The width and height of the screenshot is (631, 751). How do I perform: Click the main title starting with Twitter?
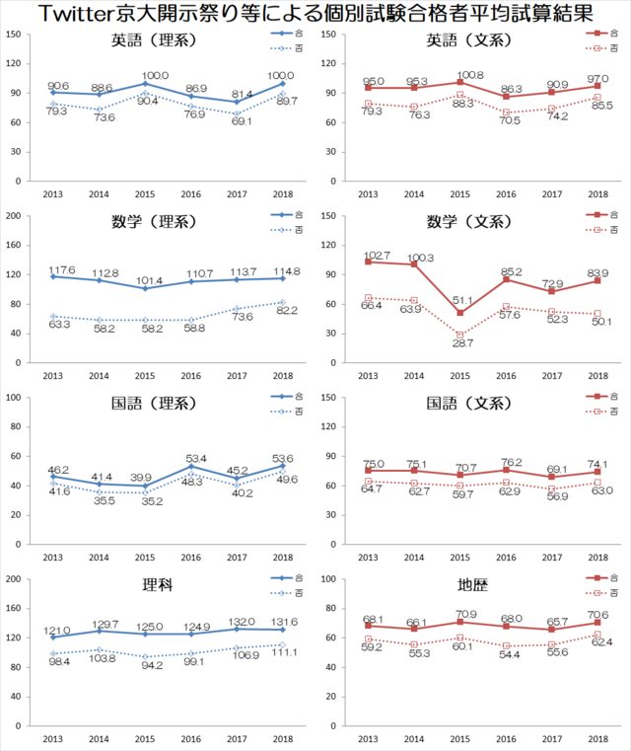click(315, 14)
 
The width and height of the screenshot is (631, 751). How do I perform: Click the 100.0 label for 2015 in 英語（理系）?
click(156, 75)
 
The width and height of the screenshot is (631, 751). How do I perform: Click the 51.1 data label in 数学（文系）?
click(461, 301)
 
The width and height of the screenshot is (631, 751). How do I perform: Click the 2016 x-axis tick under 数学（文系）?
click(505, 376)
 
